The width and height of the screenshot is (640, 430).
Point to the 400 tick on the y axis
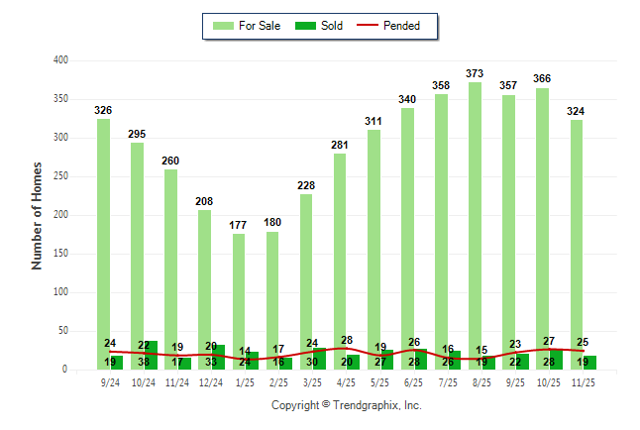60,60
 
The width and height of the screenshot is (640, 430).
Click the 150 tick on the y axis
60,254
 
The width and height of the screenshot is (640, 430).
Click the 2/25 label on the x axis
279,381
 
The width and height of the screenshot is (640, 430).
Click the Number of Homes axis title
38,215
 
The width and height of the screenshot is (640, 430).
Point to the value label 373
476,73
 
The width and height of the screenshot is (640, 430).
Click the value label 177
239,225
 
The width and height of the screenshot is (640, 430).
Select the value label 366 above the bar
543,78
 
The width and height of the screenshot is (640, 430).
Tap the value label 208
204,201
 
